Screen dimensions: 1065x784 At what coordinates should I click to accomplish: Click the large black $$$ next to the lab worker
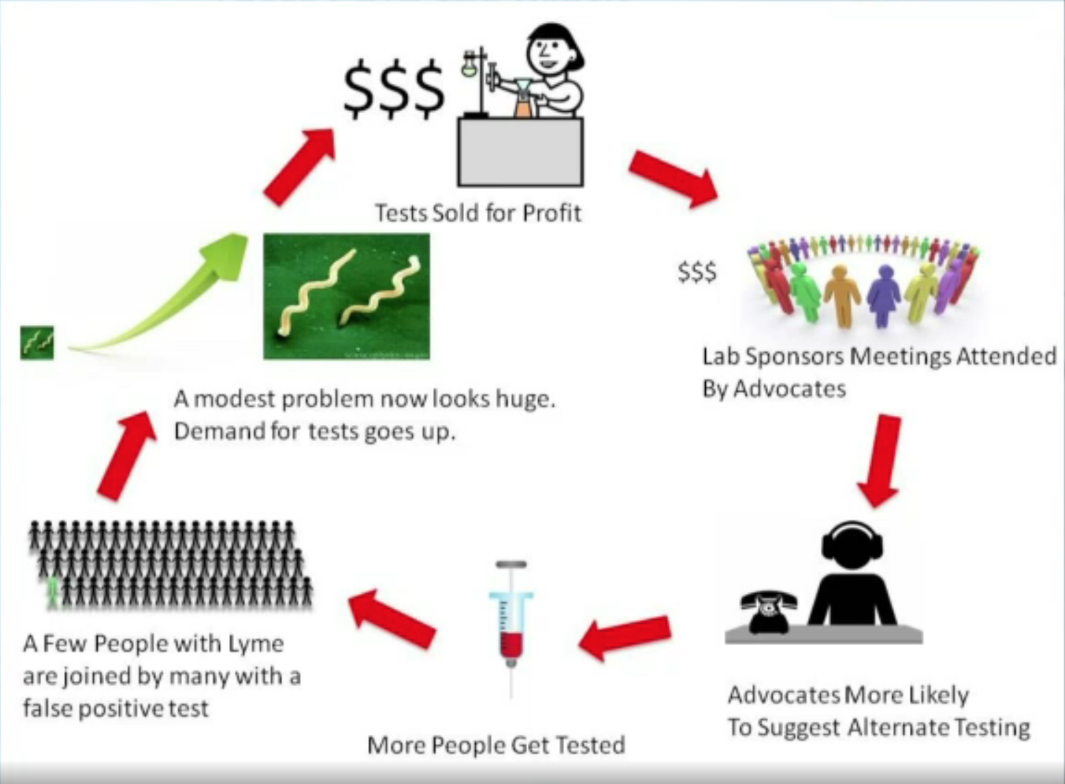(x=394, y=88)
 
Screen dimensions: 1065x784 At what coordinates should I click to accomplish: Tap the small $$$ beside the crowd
(x=697, y=272)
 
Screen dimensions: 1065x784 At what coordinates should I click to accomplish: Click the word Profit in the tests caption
(x=552, y=213)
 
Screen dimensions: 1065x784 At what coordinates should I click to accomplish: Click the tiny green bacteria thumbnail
(x=37, y=343)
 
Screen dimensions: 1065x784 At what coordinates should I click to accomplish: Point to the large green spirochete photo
(x=347, y=296)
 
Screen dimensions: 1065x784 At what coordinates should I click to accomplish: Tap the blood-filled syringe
(x=511, y=628)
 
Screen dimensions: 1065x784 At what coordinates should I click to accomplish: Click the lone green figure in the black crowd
(x=52, y=592)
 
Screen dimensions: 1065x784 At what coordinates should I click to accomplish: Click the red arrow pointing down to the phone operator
(x=881, y=461)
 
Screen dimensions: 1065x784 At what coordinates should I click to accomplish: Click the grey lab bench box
(x=520, y=152)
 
